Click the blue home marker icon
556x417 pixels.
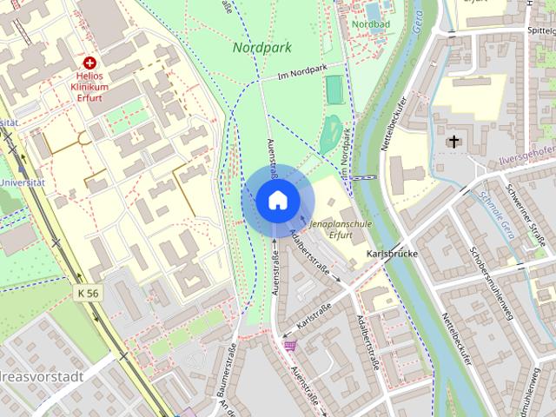click(275, 201)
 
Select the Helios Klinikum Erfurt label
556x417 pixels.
click(90, 88)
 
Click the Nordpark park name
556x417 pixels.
click(261, 48)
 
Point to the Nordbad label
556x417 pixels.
click(371, 23)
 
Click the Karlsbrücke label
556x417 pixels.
click(393, 255)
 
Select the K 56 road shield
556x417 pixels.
click(86, 294)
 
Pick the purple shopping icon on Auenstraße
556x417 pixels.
click(289, 345)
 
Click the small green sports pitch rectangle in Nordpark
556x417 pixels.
click(334, 87)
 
